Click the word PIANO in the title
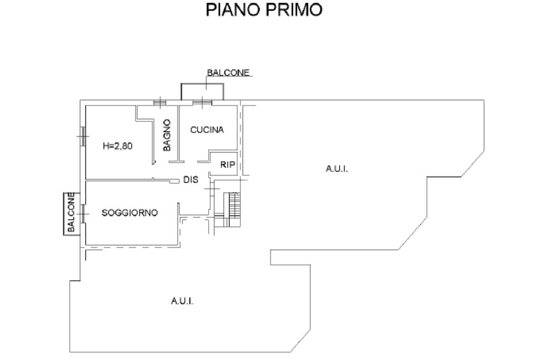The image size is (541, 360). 233,10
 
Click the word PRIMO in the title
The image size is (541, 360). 294,10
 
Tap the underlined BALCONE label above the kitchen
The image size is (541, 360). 228,73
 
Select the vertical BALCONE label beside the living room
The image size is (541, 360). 71,212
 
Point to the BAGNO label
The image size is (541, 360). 167,135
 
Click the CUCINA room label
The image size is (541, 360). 207,130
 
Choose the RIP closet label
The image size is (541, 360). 227,165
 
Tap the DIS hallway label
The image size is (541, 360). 191,179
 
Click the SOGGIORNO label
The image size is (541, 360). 130,213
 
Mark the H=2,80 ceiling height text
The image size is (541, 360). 118,146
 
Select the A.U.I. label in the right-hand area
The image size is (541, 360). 337,169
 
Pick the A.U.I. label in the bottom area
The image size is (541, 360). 182,301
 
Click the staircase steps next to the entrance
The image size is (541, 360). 234,205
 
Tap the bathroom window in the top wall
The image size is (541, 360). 160,102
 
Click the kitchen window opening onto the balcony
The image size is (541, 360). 202,102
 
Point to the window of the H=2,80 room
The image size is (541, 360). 82,136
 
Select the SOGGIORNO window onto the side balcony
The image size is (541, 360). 83,214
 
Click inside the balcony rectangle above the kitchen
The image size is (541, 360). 202,92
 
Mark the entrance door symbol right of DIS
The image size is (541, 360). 211,189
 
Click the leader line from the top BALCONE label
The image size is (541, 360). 207,83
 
